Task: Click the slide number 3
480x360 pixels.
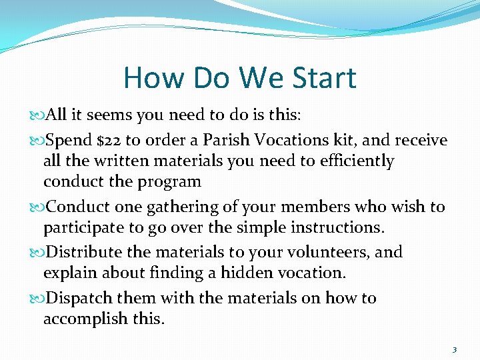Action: (454, 349)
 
